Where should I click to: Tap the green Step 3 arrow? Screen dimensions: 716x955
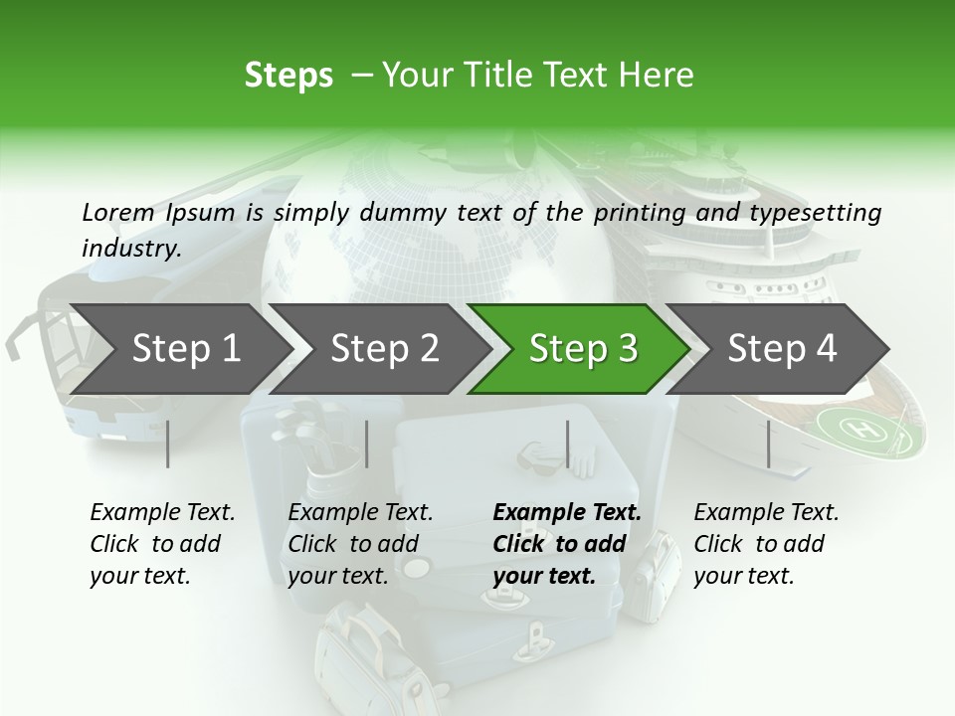coord(583,348)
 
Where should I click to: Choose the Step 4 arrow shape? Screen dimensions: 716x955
coord(782,348)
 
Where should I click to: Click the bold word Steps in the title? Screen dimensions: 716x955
coord(288,76)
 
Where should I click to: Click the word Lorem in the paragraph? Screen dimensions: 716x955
coord(117,212)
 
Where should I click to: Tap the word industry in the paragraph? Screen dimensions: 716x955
coord(130,248)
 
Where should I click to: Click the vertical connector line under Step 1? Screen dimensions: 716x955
coord(167,444)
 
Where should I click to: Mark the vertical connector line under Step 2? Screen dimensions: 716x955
coord(367,444)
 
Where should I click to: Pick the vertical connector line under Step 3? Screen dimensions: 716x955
coord(567,444)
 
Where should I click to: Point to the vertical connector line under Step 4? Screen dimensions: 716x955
coord(768,444)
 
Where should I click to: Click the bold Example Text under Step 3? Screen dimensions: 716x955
coord(567,513)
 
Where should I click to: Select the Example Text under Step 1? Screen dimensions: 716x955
coord(162,513)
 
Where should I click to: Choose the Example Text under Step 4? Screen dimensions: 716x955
coord(766,513)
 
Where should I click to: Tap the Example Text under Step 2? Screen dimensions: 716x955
coord(360,513)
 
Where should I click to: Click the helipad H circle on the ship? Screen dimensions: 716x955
coord(860,430)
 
